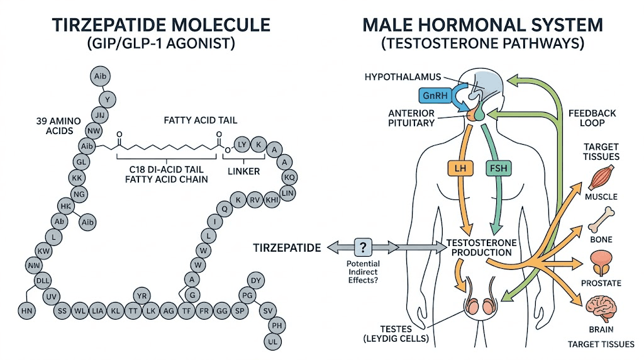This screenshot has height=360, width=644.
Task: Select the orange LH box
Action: pyautogui.click(x=457, y=169)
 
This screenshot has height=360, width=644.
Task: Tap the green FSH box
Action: pyautogui.click(x=498, y=169)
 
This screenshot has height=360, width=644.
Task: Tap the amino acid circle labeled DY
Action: pyautogui.click(x=255, y=281)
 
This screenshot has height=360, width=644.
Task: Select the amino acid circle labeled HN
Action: pyautogui.click(x=26, y=310)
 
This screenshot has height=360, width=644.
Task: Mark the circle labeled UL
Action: pyautogui.click(x=274, y=341)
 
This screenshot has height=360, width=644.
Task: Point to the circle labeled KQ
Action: pyautogui.click(x=290, y=177)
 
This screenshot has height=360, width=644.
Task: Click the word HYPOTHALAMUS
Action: pyautogui.click(x=397, y=77)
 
